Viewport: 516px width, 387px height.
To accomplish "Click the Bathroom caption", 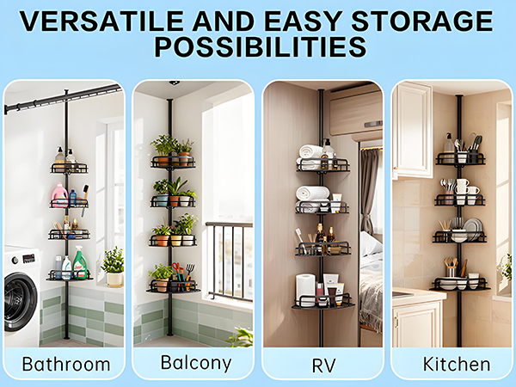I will click(x=65, y=363).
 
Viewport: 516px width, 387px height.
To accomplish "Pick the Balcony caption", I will click(x=193, y=362).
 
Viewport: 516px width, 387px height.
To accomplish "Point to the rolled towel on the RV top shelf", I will click(x=310, y=153).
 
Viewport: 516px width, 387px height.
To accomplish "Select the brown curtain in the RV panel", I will click(x=368, y=189).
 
